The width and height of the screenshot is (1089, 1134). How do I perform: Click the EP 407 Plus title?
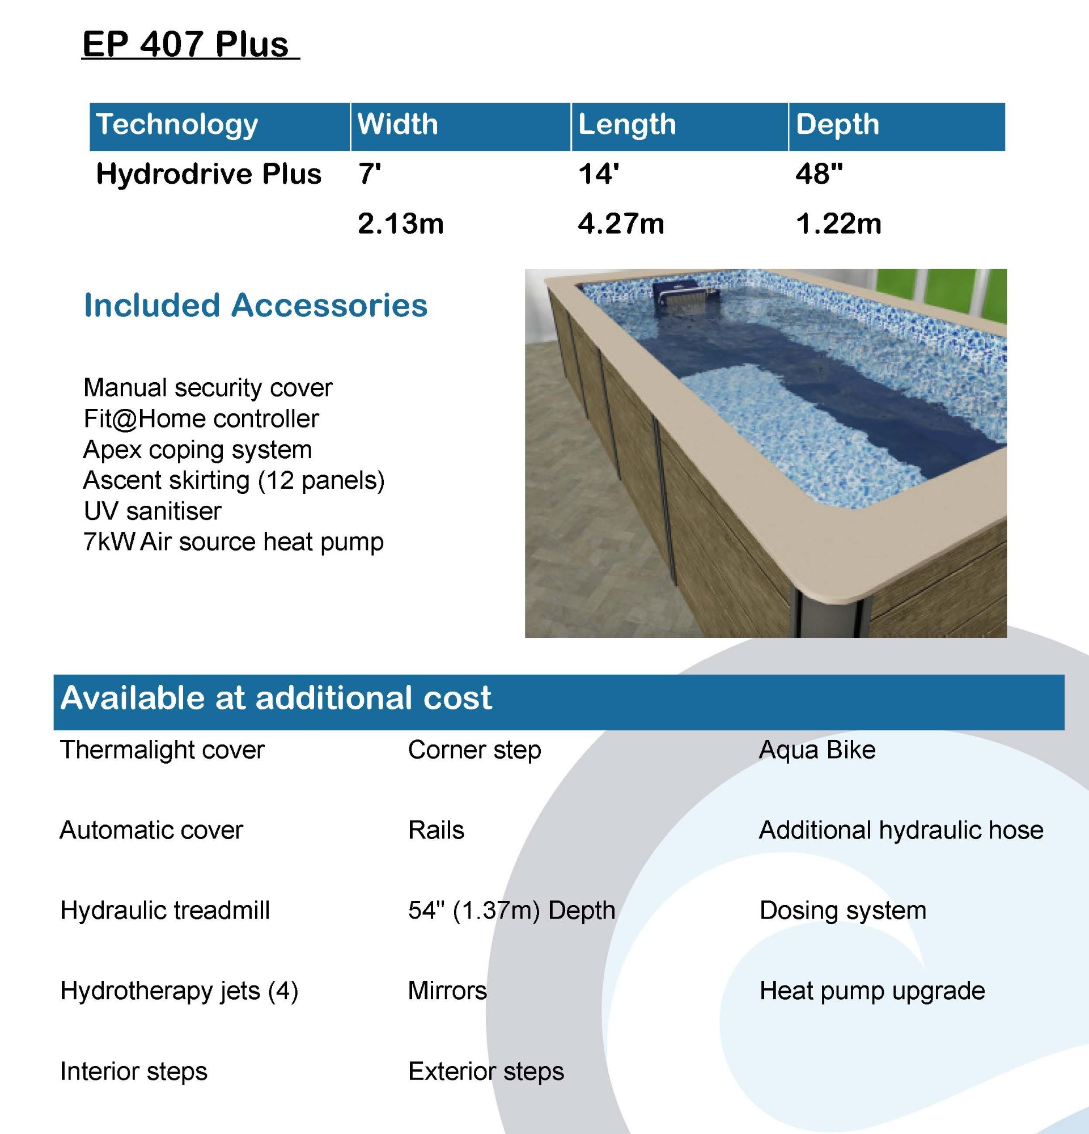coord(185,44)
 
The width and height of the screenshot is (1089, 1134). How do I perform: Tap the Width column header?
coord(398,124)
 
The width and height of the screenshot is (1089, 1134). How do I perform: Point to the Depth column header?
coord(837,124)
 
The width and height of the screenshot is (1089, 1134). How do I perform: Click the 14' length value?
coord(599,174)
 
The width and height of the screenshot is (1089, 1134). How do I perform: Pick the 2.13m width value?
coord(401,223)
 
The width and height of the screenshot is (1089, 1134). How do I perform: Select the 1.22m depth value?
coord(838,223)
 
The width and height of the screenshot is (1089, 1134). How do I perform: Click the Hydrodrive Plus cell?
coord(209,174)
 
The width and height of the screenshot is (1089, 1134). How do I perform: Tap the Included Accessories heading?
coord(256,305)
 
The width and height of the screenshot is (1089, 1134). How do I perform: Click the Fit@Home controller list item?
coord(201,418)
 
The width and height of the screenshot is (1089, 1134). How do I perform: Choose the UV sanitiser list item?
coord(152,511)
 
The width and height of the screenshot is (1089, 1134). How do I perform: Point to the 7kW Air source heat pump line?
coord(234,542)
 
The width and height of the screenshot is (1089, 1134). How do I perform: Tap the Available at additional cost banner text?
coord(276,698)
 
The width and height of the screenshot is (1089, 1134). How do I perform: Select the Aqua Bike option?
coord(817,750)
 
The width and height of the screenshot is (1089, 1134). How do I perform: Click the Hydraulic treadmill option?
coord(165,911)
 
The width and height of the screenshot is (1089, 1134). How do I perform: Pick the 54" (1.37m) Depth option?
coord(512,911)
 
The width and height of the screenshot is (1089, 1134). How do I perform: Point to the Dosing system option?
coord(842,911)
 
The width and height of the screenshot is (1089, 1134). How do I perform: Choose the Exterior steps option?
coord(486,1072)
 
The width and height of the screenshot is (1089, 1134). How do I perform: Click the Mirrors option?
coord(448,991)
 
